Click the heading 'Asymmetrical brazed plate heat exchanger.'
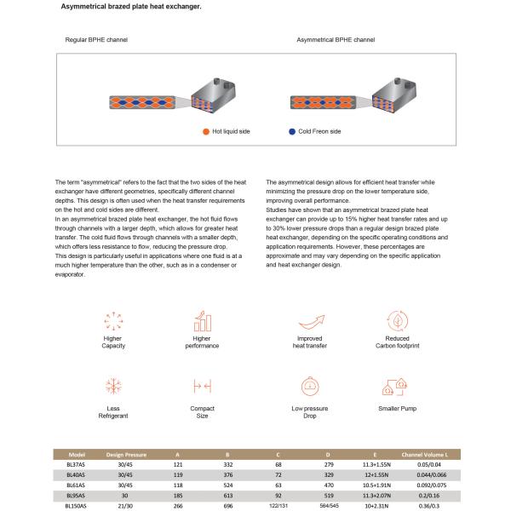point(131,7)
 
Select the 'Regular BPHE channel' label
point(96,40)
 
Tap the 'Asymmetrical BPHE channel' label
point(336,40)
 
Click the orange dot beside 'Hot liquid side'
point(206,132)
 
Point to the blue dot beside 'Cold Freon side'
point(292,132)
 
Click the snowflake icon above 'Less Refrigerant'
point(113,386)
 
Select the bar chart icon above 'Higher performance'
point(203,321)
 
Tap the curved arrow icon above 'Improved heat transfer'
point(312,322)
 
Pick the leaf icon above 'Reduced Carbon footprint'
point(397,321)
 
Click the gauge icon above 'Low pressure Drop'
point(310,386)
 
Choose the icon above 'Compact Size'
point(203,386)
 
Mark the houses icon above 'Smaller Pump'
point(394,387)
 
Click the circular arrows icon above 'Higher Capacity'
point(113,321)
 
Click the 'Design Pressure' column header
point(126,455)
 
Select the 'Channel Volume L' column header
point(425,455)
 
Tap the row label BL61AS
point(76,485)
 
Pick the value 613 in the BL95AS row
point(228,496)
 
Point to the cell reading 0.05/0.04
point(429,465)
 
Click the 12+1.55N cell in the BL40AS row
point(376,475)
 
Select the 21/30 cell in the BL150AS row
point(125,506)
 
